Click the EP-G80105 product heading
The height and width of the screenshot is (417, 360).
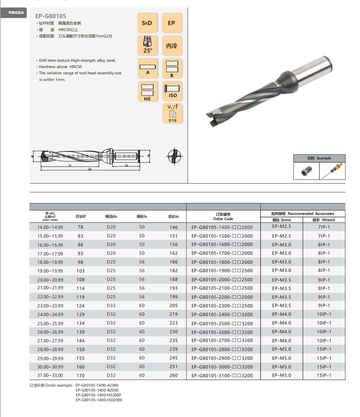click(x=51, y=16)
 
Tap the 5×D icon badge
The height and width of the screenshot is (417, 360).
click(x=148, y=23)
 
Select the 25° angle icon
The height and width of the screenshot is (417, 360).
click(x=148, y=45)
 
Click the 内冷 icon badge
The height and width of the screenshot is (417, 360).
click(x=172, y=45)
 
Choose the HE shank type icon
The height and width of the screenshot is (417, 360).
click(x=148, y=91)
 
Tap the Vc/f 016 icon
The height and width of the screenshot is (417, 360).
click(x=172, y=113)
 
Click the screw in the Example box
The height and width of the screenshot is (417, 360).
click(x=306, y=171)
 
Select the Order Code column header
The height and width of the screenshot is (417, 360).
click(x=223, y=217)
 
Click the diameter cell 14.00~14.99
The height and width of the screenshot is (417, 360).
click(x=50, y=227)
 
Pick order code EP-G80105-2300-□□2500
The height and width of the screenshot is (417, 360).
click(x=222, y=306)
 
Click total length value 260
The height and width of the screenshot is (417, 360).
click(x=173, y=375)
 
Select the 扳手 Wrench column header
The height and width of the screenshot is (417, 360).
click(x=323, y=220)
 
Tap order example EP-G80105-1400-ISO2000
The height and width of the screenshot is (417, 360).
click(x=99, y=400)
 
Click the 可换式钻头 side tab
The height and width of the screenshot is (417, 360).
click(x=16, y=13)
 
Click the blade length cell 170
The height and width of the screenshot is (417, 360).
click(x=81, y=376)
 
